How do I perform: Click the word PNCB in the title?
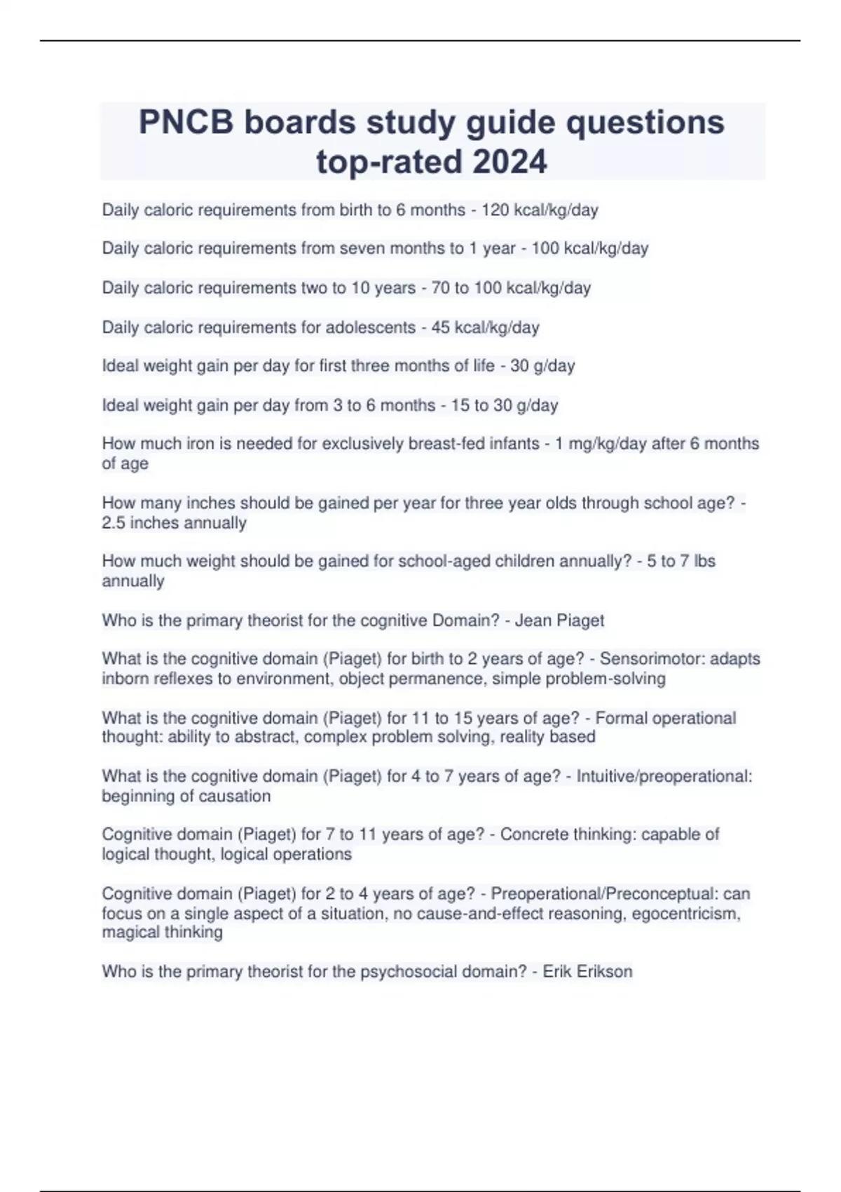coord(186,122)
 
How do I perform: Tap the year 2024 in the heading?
coord(510,161)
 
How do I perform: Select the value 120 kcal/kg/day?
coord(540,210)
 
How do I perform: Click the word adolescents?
coord(367,327)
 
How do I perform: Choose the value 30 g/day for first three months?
coord(542,365)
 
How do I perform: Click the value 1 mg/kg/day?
coord(601,443)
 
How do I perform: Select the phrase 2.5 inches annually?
coord(174,522)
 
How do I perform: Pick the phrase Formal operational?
coord(665,717)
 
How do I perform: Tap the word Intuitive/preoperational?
coord(664,776)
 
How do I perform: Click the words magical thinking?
coord(162,932)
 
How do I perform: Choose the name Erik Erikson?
coord(587,971)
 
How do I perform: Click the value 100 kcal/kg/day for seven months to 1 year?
coord(589,248)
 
